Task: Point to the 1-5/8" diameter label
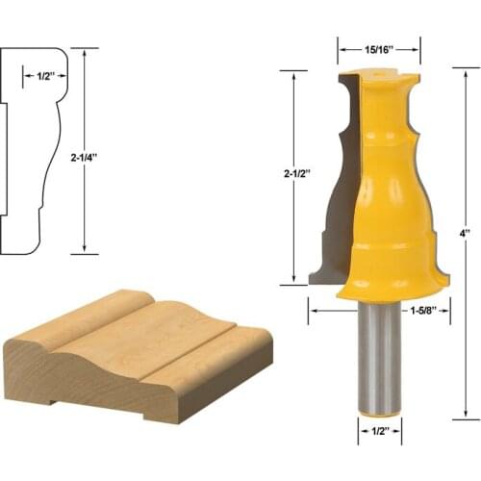[424, 311]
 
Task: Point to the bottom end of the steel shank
[381, 412]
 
